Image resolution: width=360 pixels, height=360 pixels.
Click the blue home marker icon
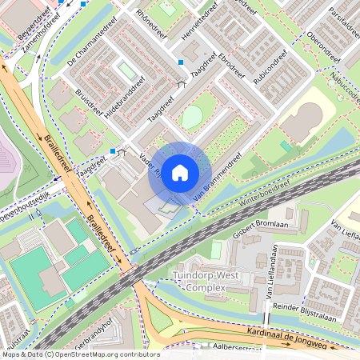tap(180, 173)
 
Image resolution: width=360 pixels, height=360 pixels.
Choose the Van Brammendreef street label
tap(218, 183)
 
